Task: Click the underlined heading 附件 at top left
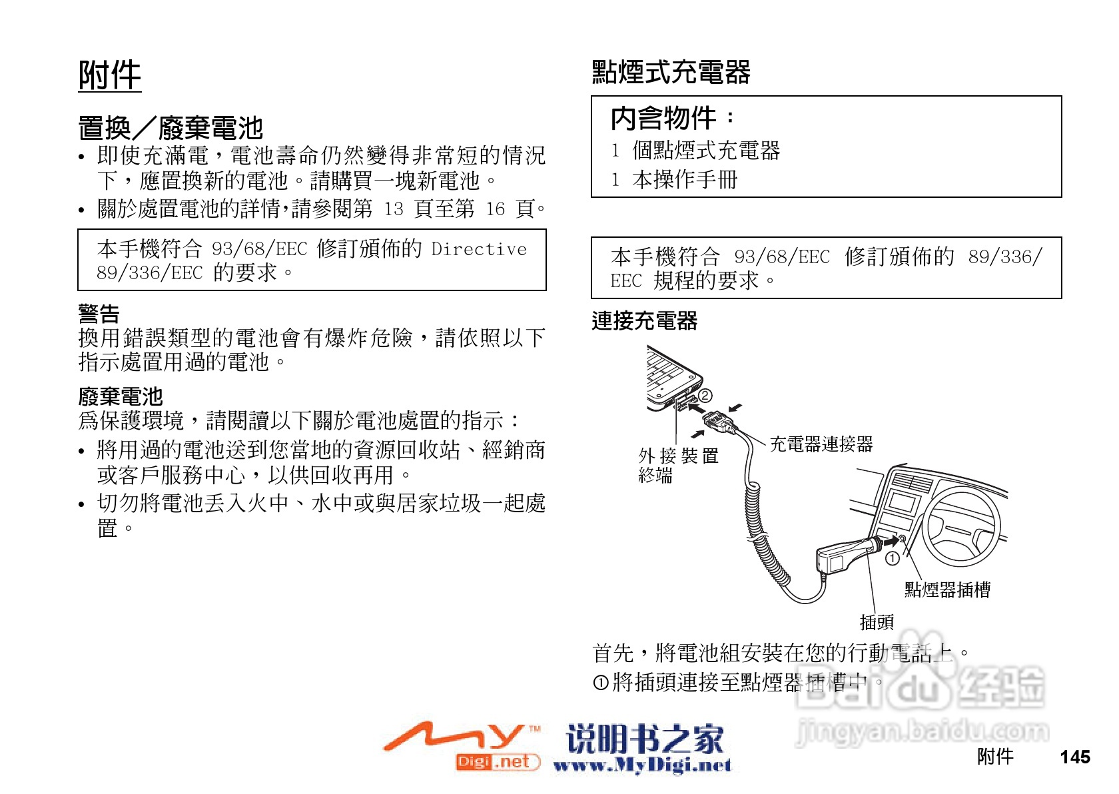point(110,75)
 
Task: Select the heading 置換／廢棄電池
point(171,128)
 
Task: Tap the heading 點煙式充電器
point(671,72)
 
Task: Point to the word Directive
point(479,249)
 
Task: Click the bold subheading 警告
point(99,314)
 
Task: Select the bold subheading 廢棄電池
point(120,397)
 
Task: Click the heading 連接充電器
point(644,321)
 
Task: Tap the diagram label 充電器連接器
point(821,444)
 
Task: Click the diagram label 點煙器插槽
point(946,590)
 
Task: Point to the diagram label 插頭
point(877,622)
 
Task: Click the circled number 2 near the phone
point(705,396)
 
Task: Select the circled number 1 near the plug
point(892,558)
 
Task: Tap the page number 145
point(1074,757)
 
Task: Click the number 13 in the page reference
point(394,209)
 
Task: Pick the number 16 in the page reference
point(495,209)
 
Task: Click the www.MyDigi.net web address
point(642,766)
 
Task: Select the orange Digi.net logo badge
point(497,761)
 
